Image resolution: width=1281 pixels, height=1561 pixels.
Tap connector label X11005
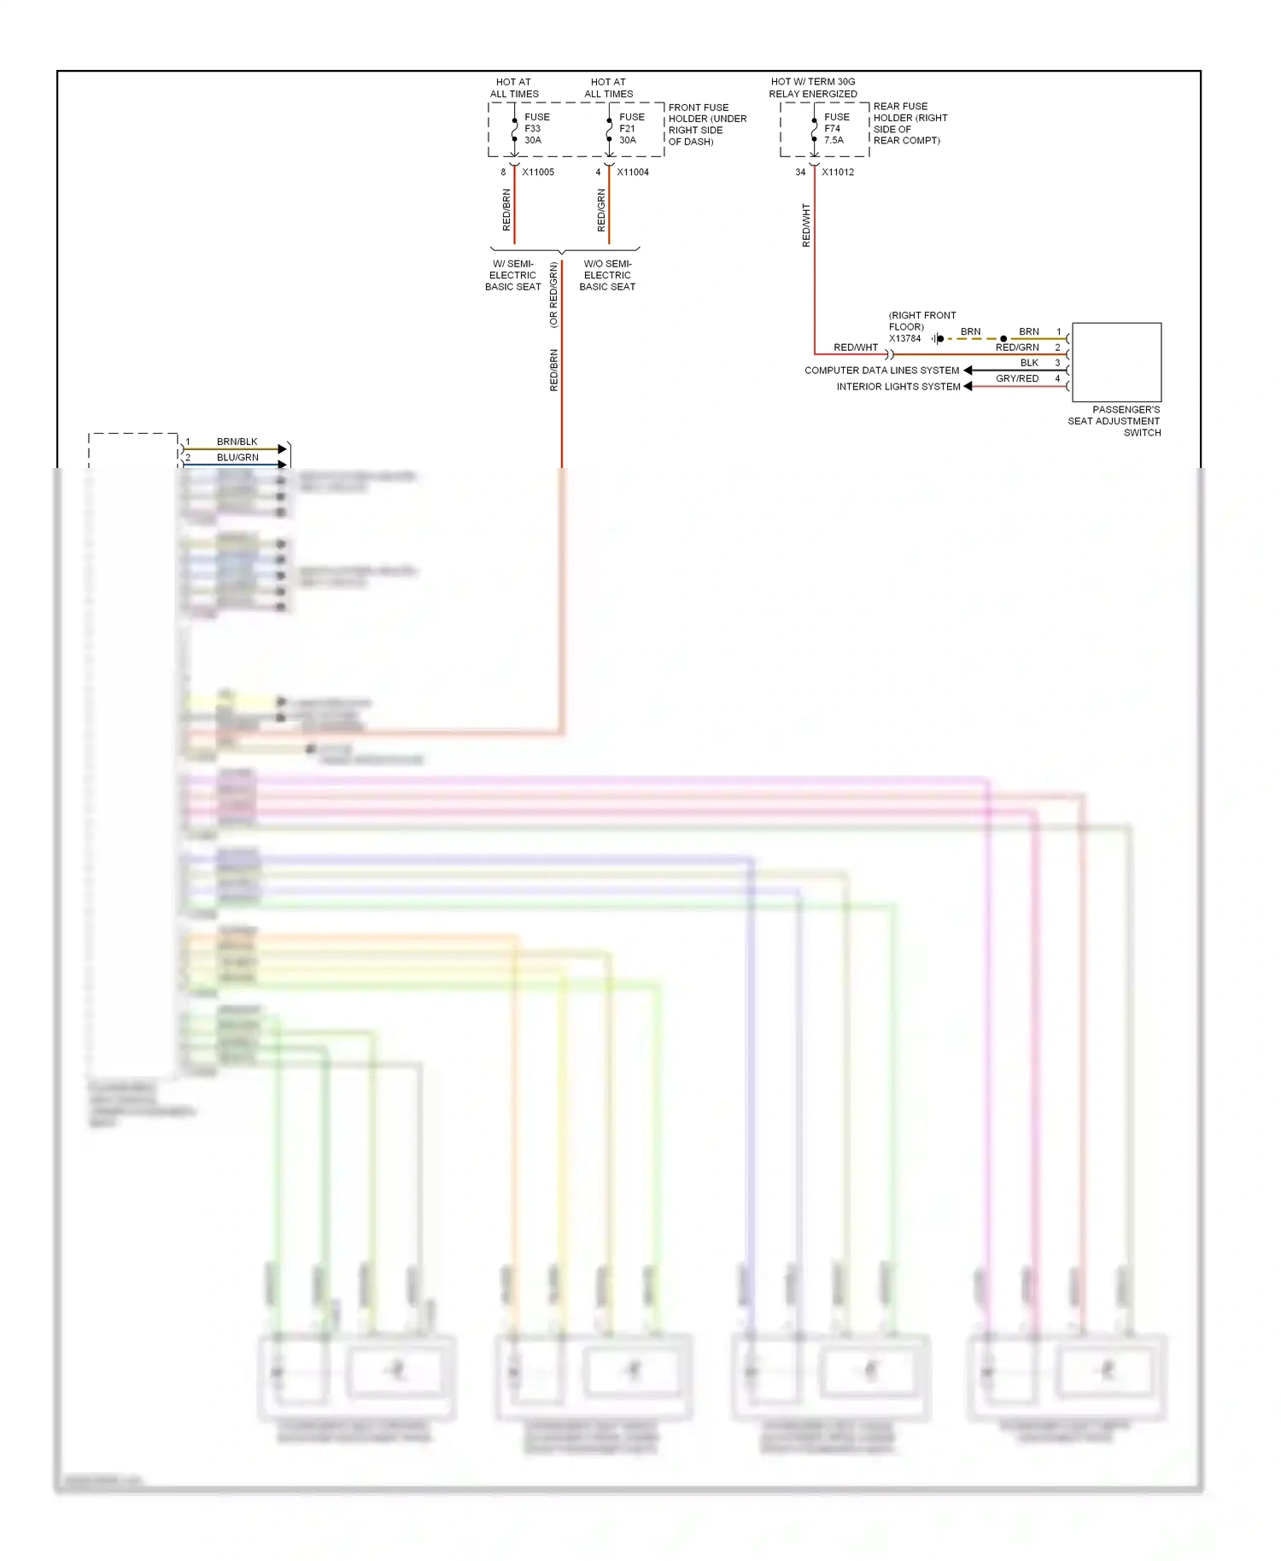tap(538, 172)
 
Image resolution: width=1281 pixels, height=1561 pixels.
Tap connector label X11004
tap(633, 172)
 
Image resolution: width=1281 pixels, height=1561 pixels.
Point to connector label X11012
tap(838, 172)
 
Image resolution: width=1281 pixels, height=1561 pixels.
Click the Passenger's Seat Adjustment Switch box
tap(1116, 362)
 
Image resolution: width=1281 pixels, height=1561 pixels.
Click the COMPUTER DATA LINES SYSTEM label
tap(881, 371)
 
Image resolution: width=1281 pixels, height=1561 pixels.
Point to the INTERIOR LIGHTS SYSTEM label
tap(898, 387)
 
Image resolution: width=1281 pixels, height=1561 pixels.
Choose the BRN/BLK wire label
tap(237, 442)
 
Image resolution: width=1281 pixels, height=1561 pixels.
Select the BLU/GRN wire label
tap(237, 458)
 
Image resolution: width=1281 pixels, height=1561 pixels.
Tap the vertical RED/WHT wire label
tap(806, 225)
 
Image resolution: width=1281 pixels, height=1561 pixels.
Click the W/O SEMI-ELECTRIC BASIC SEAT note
tap(607, 276)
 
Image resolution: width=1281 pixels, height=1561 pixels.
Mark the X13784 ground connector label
tap(904, 339)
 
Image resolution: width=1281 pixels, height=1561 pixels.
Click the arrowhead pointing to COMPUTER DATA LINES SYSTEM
tap(968, 371)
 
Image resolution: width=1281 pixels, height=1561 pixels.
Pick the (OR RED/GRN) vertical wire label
tap(553, 295)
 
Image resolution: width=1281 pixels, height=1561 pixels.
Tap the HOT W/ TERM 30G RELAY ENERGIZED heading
tap(813, 88)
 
